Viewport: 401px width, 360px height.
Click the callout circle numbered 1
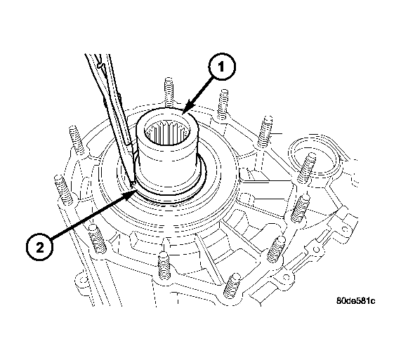pyautogui.click(x=221, y=67)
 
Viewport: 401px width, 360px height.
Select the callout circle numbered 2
pyautogui.click(x=39, y=247)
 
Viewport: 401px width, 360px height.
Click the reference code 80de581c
pyautogui.click(x=356, y=301)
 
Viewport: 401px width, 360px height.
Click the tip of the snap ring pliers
pyautogui.click(x=133, y=183)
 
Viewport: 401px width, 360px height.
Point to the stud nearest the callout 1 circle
pyautogui.click(x=223, y=104)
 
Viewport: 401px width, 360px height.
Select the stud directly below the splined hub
pyautogui.click(x=164, y=265)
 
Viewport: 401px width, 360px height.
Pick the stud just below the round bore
pyautogui.click(x=300, y=208)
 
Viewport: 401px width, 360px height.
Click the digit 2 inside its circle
pyautogui.click(x=40, y=248)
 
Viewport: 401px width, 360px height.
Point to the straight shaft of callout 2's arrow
pyautogui.click(x=88, y=216)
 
